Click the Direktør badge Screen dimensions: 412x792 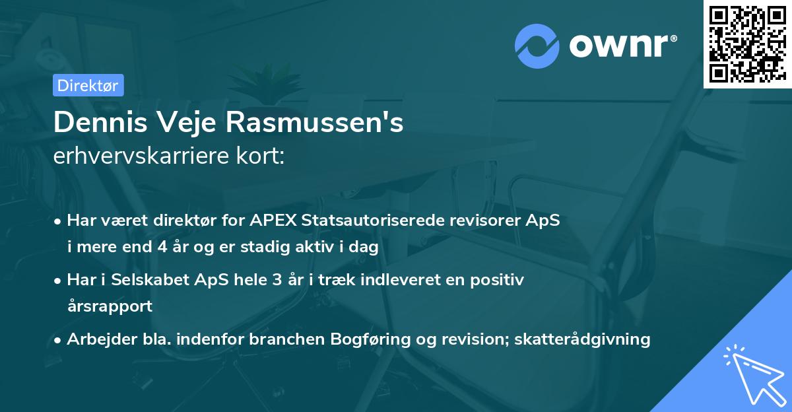[x=88, y=85]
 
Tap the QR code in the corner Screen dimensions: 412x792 [x=747, y=44]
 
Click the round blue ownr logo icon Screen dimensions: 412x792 [x=537, y=46]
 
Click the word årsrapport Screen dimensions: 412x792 [x=110, y=306]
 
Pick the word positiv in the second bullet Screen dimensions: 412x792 [x=500, y=280]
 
